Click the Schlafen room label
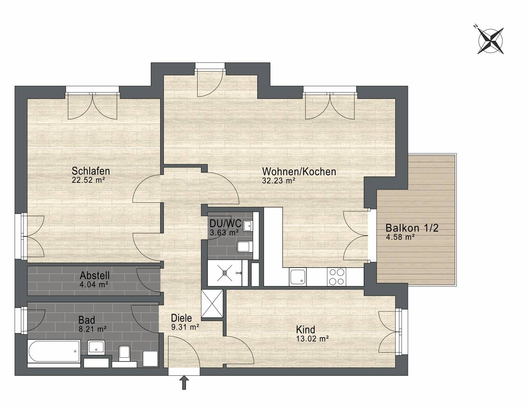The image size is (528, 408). (x=91, y=171)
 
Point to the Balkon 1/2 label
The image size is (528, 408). (x=412, y=228)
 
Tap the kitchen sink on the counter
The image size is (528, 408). (x=298, y=277)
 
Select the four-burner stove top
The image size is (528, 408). (x=336, y=277)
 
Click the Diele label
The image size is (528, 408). (x=181, y=318)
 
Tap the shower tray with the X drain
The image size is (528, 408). (x=225, y=273)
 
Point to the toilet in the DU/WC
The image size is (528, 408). (x=244, y=247)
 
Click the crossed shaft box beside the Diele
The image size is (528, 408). (x=212, y=303)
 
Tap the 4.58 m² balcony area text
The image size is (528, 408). (x=400, y=237)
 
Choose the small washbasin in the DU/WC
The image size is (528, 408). (x=248, y=226)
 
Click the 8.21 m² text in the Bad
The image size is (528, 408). (x=92, y=329)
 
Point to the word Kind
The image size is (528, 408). (x=305, y=330)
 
